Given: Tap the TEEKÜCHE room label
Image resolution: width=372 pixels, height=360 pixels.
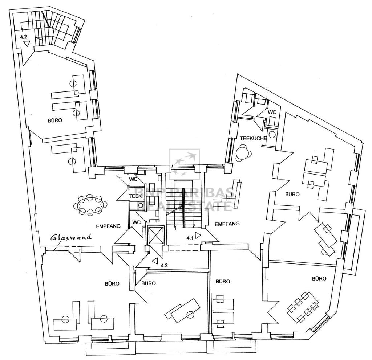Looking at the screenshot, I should tap(253, 138).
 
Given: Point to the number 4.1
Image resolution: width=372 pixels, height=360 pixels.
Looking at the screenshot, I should tap(190, 238).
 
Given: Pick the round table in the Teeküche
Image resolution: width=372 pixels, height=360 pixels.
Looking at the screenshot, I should tap(242, 153).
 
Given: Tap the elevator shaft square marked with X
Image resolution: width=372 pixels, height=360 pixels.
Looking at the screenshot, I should tap(157, 236).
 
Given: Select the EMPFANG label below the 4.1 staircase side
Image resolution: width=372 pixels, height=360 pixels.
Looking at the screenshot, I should tap(227, 224).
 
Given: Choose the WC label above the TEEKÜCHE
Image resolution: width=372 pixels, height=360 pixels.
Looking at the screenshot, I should tap(272, 112).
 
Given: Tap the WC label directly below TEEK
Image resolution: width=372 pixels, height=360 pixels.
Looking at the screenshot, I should tap(137, 222).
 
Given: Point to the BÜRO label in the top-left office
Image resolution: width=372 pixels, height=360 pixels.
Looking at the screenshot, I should tap(55, 120).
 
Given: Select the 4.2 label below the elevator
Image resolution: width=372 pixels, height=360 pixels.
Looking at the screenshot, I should tap(164, 265).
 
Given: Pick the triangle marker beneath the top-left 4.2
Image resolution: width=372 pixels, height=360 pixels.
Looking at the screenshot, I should tap(27, 44).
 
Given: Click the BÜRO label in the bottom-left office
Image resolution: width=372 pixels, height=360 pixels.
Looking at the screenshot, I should tap(112, 283).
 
